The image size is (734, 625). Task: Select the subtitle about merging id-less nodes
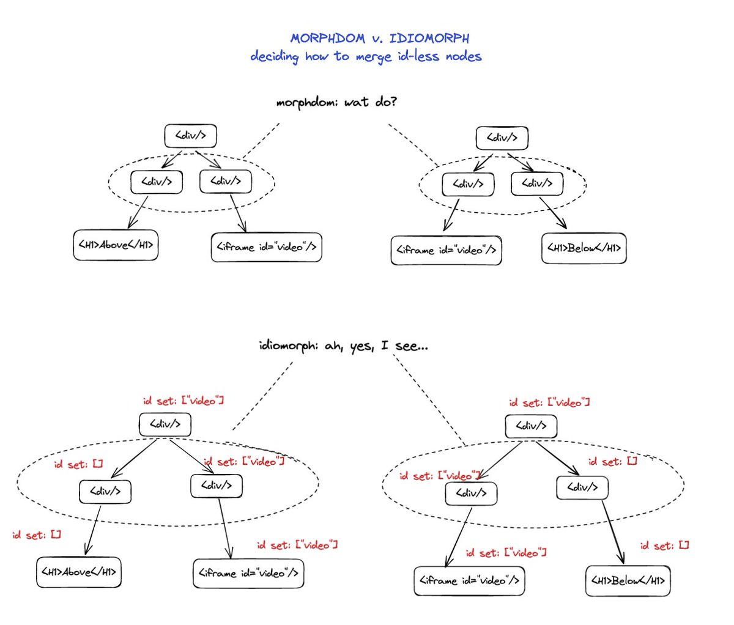point(366,57)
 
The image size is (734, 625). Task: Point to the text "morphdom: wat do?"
point(336,102)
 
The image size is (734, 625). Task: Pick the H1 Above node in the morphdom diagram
point(115,245)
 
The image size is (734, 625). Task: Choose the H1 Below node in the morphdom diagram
point(584,249)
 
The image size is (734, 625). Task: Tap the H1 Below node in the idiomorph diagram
point(628,580)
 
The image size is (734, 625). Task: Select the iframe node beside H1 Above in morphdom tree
point(267,247)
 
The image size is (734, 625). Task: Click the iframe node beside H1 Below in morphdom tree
point(446,250)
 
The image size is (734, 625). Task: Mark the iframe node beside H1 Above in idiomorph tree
point(248,574)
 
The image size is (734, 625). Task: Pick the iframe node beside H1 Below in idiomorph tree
point(469,580)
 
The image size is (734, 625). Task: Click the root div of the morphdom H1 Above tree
point(191,136)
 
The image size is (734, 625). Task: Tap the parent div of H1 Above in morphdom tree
point(156,181)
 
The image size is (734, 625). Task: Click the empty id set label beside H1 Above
point(37,534)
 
